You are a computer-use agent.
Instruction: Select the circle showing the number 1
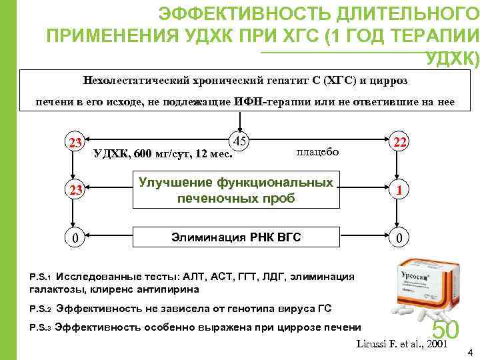(399, 190)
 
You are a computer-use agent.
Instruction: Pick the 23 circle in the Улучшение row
(75, 190)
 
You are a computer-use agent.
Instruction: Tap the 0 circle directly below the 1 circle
(399, 237)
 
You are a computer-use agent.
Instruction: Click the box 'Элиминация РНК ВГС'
(236, 237)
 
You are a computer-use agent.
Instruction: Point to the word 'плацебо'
(317, 152)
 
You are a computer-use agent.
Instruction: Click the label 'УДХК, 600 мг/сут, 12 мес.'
(163, 154)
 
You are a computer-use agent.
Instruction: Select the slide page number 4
(471, 352)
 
